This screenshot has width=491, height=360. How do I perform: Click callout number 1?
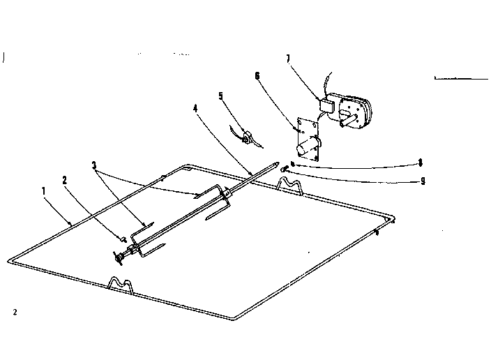pyautogui.click(x=43, y=190)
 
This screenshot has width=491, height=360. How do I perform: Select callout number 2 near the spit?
pyautogui.click(x=64, y=180)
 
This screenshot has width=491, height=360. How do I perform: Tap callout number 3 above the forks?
pyautogui.click(x=94, y=165)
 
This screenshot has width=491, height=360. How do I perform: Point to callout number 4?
pyautogui.click(x=195, y=109)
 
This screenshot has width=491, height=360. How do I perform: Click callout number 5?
pyautogui.click(x=221, y=96)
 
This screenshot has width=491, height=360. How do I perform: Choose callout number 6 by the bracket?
pyautogui.click(x=257, y=76)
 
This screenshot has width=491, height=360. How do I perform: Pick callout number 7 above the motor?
pyautogui.click(x=288, y=59)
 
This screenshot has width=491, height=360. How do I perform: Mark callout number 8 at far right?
pyautogui.click(x=421, y=163)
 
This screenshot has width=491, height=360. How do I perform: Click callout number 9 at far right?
pyautogui.click(x=423, y=181)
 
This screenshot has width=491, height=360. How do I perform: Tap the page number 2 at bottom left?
pyautogui.click(x=15, y=312)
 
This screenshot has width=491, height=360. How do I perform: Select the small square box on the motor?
pyautogui.click(x=326, y=105)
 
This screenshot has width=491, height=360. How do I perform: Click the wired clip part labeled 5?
pyautogui.click(x=247, y=137)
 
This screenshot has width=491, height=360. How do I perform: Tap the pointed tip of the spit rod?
pyautogui.click(x=276, y=163)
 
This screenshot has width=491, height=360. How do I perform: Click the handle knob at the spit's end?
pyautogui.click(x=119, y=258)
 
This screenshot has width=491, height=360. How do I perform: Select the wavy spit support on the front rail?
pyautogui.click(x=121, y=285)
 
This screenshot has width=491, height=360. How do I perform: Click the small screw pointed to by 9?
pyautogui.click(x=285, y=170)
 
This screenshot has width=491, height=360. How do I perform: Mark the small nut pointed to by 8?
pyautogui.click(x=292, y=163)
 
